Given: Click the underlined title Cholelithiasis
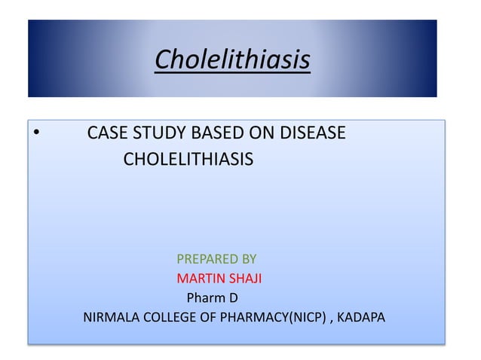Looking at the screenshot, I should click(x=232, y=59).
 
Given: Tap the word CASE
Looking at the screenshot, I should click(x=106, y=134).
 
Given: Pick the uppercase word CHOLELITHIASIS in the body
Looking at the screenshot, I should click(x=188, y=160).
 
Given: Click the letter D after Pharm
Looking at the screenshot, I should click(x=234, y=297).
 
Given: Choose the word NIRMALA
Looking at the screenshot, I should click(x=110, y=317).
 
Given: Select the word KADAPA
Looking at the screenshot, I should click(x=361, y=317).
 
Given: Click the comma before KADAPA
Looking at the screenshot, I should click(x=331, y=319).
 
